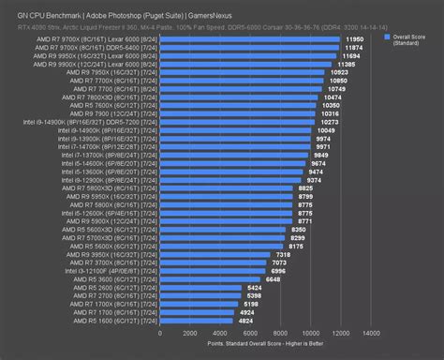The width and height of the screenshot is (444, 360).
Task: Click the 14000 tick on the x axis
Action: click(371, 333)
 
